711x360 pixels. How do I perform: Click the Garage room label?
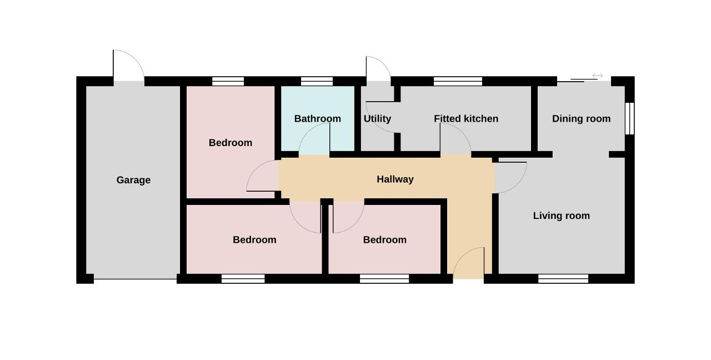tap(133, 180)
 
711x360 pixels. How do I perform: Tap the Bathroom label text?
tap(317, 119)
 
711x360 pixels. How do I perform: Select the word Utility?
tap(377, 119)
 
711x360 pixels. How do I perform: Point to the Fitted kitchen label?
tap(466, 119)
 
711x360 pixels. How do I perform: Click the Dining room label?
tap(581, 119)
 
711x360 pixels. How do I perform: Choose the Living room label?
tap(561, 216)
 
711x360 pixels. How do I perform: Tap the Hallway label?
tap(395, 179)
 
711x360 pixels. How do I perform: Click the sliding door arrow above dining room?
tap(597, 76)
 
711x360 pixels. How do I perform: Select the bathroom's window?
tap(317, 81)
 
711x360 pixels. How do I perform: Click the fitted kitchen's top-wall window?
tap(458, 81)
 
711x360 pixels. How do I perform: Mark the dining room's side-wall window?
tap(630, 118)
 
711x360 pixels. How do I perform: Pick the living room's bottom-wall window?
tap(563, 279)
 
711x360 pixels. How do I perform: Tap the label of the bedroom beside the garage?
tap(231, 143)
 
